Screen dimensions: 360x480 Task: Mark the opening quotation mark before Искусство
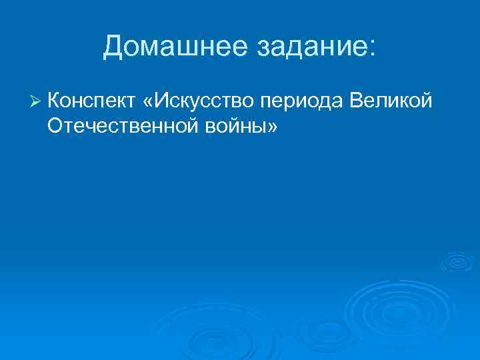click(147, 102)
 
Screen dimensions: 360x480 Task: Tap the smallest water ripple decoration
click(457, 261)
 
